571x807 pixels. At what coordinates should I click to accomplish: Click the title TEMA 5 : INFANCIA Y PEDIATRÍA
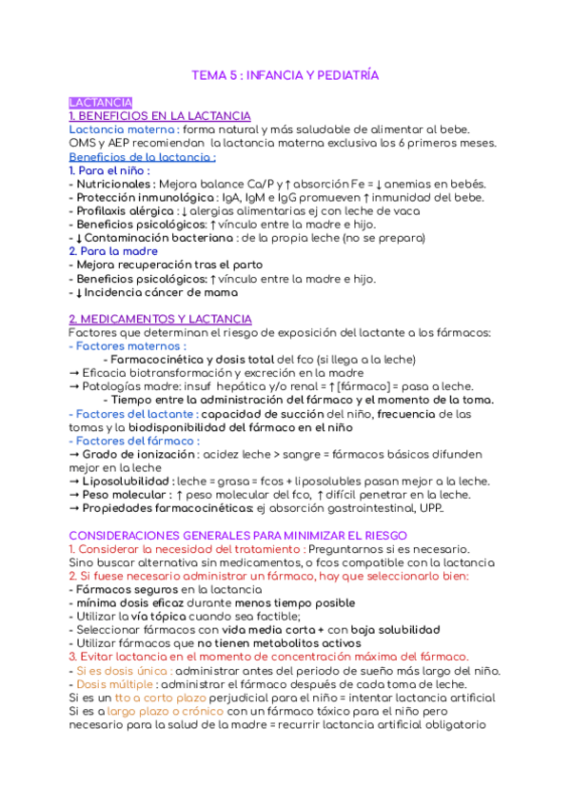click(285, 74)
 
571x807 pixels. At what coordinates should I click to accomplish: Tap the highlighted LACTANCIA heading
click(101, 103)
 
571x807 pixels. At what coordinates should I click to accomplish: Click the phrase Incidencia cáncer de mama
click(158, 293)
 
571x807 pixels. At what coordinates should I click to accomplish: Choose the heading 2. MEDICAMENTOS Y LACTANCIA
click(160, 320)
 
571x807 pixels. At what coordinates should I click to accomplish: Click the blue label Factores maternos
click(131, 346)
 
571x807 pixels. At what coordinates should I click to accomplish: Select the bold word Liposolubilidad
click(126, 482)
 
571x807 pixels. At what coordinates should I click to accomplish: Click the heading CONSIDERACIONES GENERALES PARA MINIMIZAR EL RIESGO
click(238, 536)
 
